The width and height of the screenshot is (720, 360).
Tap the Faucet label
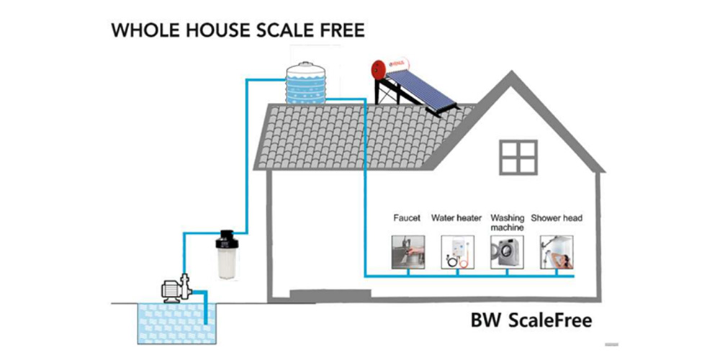(407, 217)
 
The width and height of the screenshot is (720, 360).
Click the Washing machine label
(506, 222)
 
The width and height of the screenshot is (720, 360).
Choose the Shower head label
(557, 217)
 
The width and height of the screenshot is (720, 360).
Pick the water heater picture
(456, 252)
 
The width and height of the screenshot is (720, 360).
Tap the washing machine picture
(506, 252)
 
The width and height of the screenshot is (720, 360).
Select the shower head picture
(557, 252)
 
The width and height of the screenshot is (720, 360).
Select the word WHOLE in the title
(140, 31)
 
